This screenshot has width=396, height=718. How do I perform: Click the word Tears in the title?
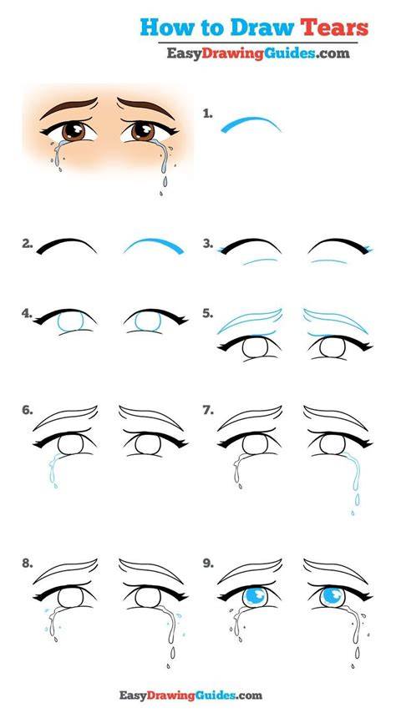click(334, 28)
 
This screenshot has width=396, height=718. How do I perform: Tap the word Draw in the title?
click(262, 28)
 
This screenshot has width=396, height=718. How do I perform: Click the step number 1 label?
click(208, 114)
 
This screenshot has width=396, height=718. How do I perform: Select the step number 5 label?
click(208, 314)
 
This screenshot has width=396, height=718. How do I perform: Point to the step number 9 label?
click(208, 564)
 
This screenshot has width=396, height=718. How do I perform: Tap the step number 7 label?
click(208, 411)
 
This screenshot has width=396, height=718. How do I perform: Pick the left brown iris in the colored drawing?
click(74, 131)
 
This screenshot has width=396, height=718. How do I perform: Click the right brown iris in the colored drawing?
click(143, 131)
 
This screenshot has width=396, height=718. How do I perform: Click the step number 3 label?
click(208, 244)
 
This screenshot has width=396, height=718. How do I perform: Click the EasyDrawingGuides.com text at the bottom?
click(191, 695)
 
